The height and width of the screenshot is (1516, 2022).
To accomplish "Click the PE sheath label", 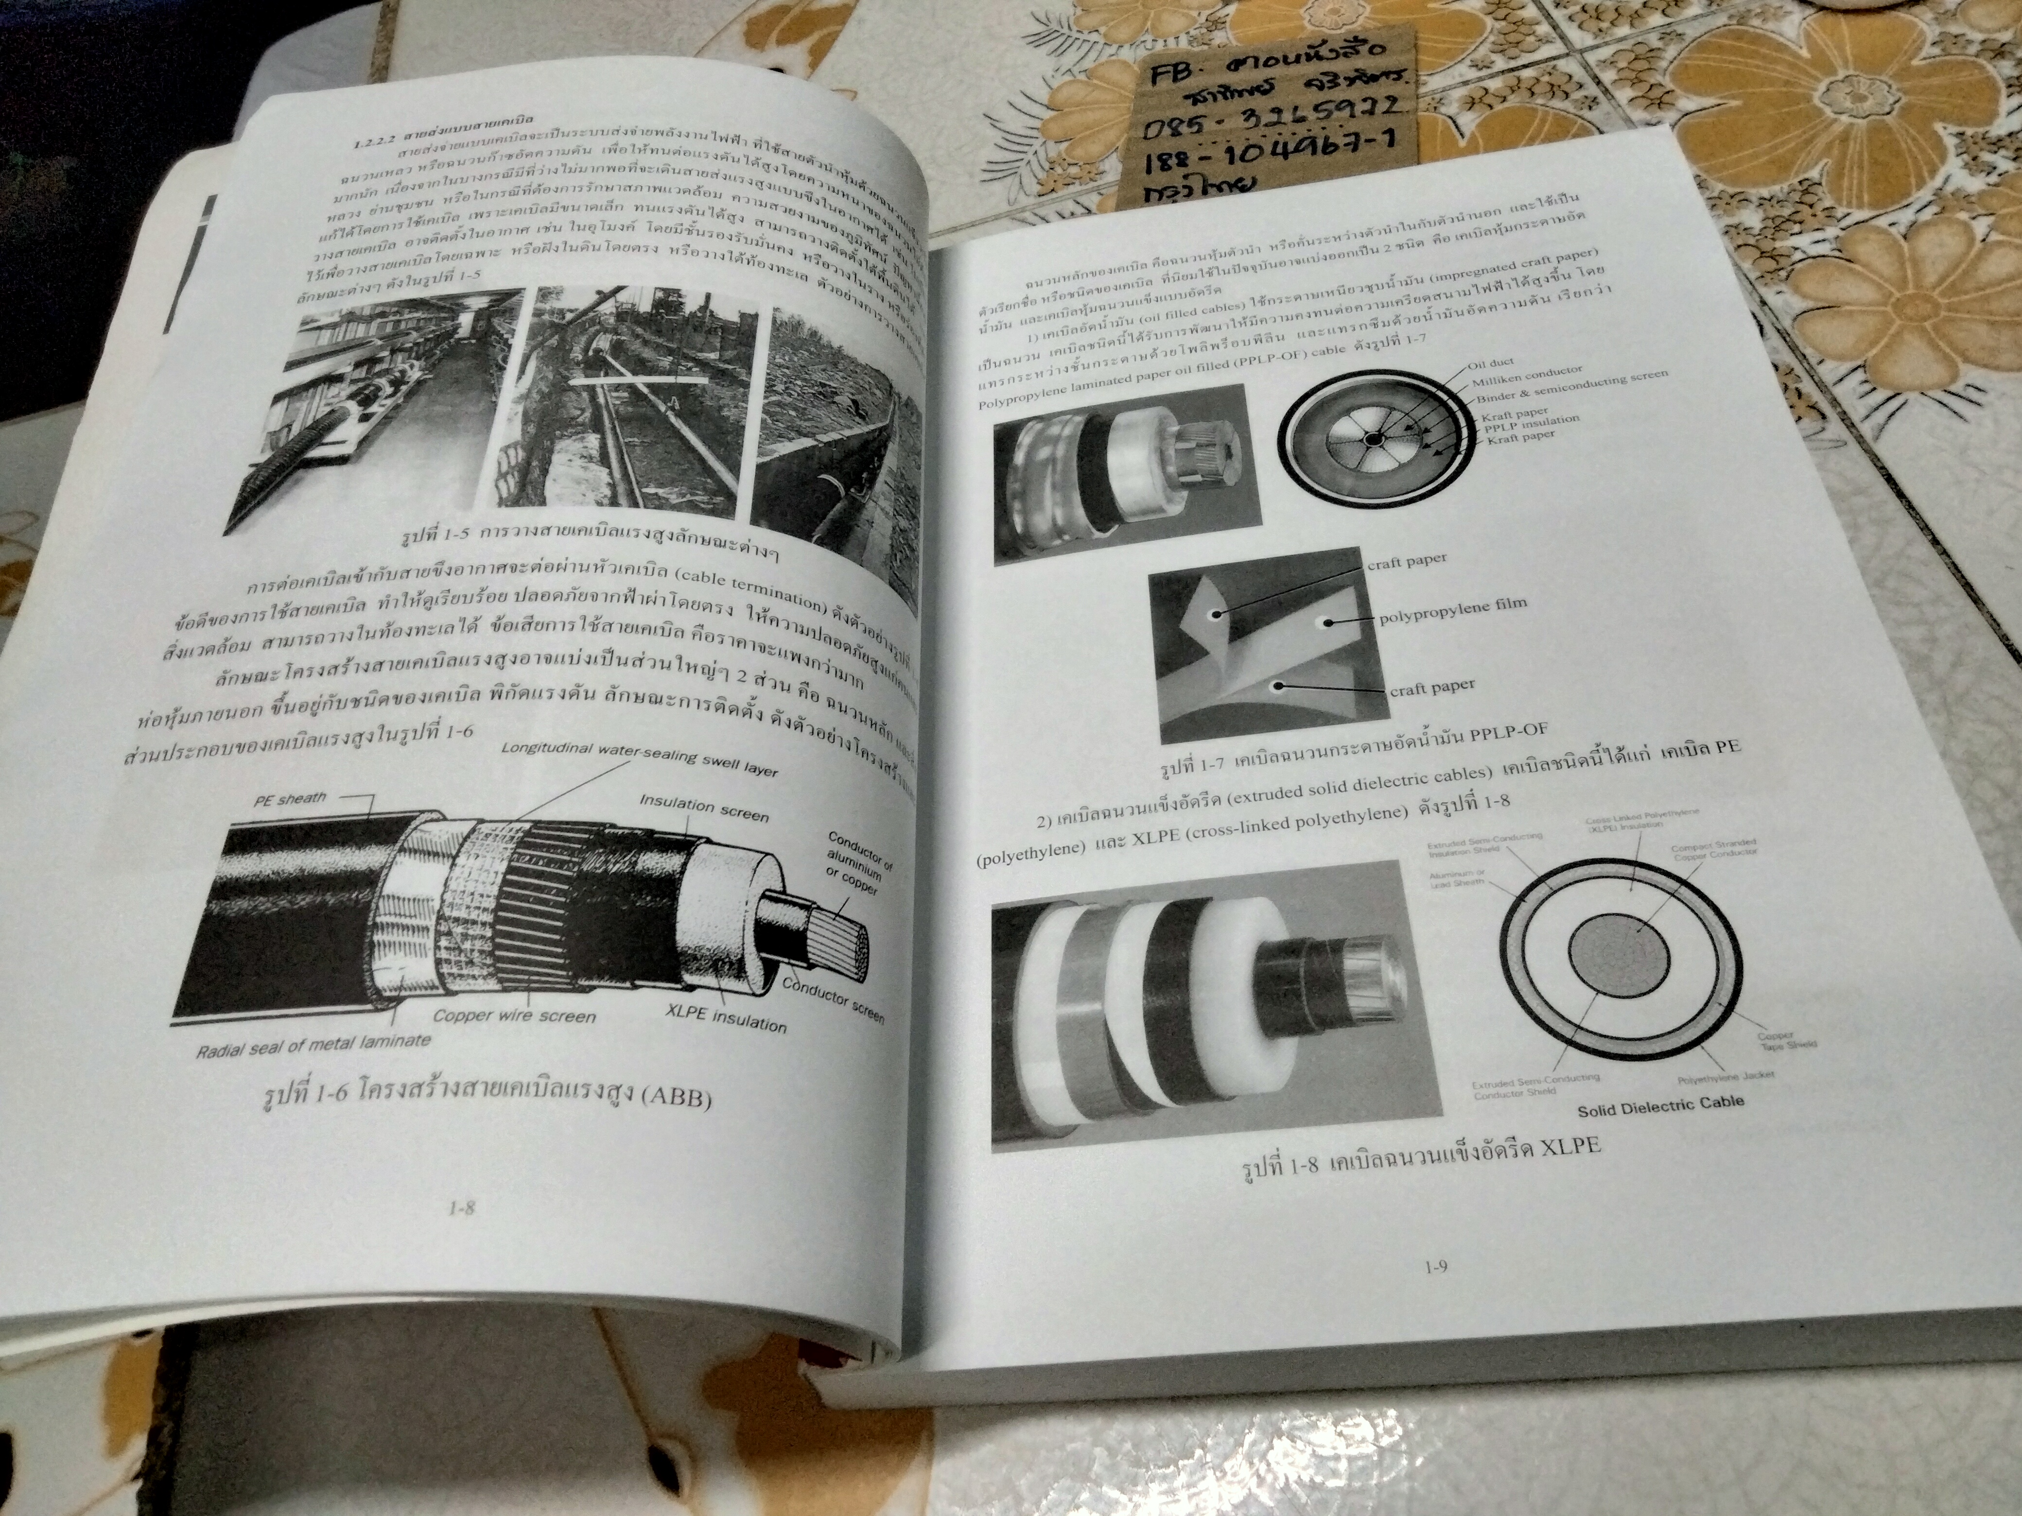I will coord(290,799).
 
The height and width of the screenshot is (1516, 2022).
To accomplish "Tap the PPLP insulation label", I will coord(1531,424).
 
